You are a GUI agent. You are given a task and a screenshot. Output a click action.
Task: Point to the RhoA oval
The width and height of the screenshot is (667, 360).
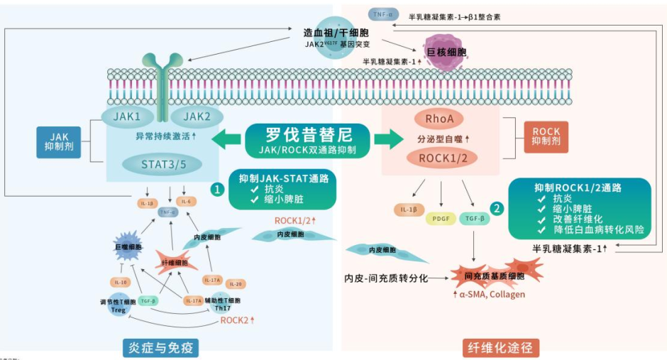tap(439, 119)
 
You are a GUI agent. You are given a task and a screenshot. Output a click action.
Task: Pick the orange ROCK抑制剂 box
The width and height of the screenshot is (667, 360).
tap(546, 137)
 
